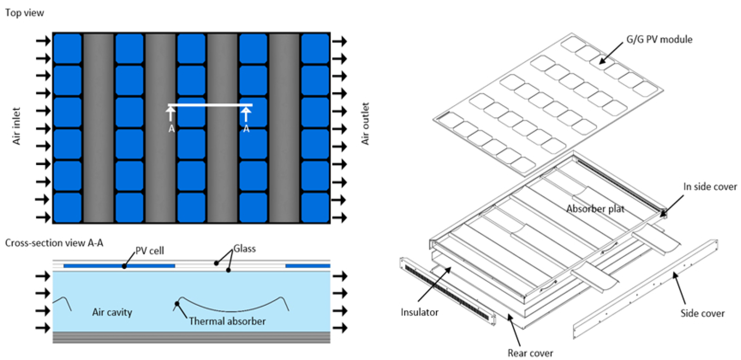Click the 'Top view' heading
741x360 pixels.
24,13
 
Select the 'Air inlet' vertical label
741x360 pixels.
16,126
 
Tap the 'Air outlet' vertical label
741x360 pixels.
365,124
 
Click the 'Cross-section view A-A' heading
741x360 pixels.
54,243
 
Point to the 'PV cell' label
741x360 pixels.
149,251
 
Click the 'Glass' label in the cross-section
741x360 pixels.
244,249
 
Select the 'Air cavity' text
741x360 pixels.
112,312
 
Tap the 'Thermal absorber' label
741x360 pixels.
227,321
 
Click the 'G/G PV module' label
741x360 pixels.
659,39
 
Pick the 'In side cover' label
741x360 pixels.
710,187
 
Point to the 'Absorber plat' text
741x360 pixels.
595,209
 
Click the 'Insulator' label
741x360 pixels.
419,312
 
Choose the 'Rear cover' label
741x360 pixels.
530,353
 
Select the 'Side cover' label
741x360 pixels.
702,313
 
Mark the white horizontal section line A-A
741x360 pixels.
210,105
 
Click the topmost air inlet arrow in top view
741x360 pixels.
43,41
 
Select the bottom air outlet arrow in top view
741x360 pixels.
339,217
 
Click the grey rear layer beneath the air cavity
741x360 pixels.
191,337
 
